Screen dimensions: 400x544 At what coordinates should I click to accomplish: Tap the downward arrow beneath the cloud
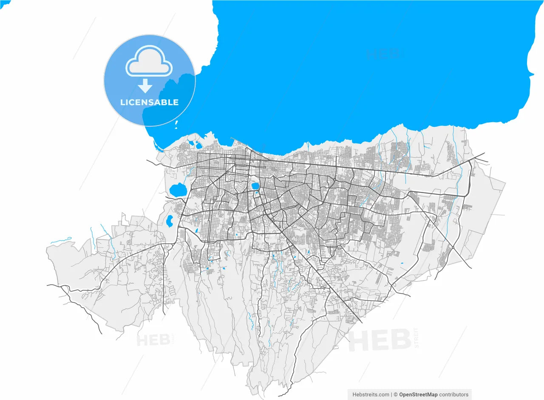(145, 86)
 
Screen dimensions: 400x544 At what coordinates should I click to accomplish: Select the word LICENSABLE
(149, 103)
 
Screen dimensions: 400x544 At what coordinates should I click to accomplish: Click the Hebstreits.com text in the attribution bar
(371, 394)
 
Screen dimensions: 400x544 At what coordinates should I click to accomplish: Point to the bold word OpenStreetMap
(418, 394)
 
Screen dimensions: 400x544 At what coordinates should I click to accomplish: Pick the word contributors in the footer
(454, 394)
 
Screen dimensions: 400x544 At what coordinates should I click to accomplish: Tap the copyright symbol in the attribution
(396, 394)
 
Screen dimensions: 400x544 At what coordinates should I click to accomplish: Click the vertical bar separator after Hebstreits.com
(391, 394)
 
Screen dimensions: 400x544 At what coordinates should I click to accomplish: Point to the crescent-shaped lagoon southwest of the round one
(169, 220)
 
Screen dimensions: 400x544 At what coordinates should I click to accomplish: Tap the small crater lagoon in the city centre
(255, 186)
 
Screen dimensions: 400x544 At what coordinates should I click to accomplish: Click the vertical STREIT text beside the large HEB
(416, 338)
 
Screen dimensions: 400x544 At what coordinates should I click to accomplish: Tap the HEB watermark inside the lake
(382, 54)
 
